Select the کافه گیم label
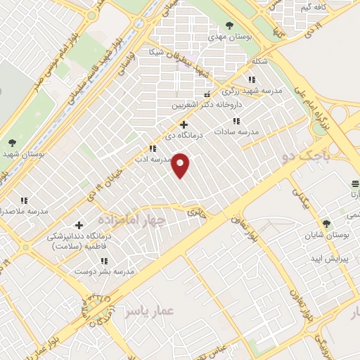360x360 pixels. (314, 7)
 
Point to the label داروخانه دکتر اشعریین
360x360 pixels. (208, 105)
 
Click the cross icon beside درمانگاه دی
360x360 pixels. (184, 124)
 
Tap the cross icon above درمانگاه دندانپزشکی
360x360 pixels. (79, 226)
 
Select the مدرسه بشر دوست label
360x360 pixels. (113, 271)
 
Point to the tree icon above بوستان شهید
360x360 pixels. (13, 143)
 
